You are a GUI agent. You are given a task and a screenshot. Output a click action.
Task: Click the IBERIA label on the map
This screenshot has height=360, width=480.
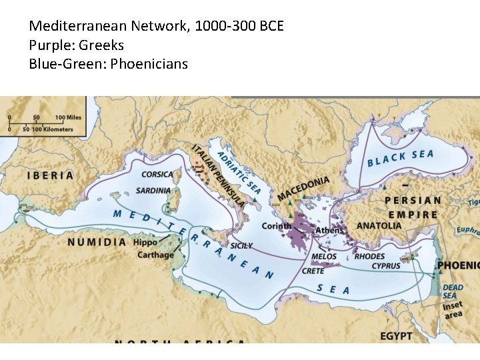click(x=50, y=176)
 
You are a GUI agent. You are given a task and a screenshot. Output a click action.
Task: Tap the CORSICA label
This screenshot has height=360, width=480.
click(x=157, y=175)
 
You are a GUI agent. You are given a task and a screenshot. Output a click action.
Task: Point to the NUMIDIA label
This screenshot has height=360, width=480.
click(x=97, y=242)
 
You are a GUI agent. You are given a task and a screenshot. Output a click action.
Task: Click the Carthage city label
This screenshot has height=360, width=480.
click(x=155, y=255)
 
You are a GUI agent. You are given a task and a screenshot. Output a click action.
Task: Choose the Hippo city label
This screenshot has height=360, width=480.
click(x=145, y=243)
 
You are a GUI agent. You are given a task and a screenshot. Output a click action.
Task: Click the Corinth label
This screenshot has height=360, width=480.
click(x=276, y=226)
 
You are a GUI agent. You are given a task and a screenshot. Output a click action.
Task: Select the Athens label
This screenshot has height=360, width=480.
click(x=329, y=231)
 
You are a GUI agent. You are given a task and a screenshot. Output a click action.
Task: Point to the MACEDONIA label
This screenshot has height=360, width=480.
click(x=303, y=189)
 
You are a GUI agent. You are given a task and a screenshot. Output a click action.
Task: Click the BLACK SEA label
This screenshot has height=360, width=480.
click(x=400, y=158)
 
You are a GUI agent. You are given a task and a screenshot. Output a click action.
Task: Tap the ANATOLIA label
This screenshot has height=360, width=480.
click(x=379, y=225)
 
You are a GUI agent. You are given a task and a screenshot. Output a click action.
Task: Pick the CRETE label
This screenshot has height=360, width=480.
click(x=313, y=271)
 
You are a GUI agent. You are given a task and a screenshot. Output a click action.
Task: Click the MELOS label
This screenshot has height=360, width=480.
click(x=324, y=257)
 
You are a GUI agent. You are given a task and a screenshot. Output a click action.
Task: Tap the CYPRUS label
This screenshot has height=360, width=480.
click(x=386, y=266)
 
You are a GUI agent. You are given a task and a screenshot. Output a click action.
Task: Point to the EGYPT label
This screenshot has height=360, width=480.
click(x=396, y=335)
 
